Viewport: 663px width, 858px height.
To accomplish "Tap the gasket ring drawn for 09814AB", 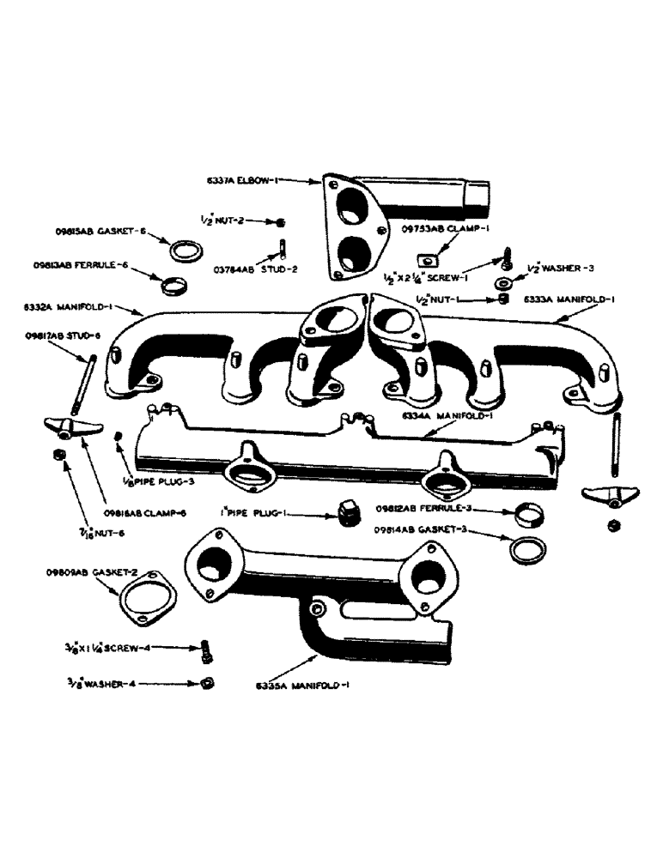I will click(x=526, y=550).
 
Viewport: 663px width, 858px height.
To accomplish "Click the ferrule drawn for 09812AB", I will click(x=527, y=515).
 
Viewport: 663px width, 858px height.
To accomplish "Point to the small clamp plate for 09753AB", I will click(x=427, y=257).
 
